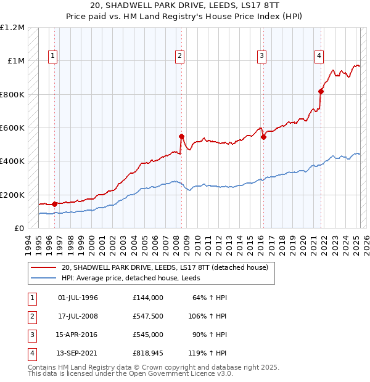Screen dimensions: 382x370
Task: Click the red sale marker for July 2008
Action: [181, 136]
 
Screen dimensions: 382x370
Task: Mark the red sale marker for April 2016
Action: [263, 137]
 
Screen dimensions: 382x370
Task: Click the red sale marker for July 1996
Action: [54, 204]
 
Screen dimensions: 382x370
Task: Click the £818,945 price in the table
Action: [148, 353]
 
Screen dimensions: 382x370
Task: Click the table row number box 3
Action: [30, 335]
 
